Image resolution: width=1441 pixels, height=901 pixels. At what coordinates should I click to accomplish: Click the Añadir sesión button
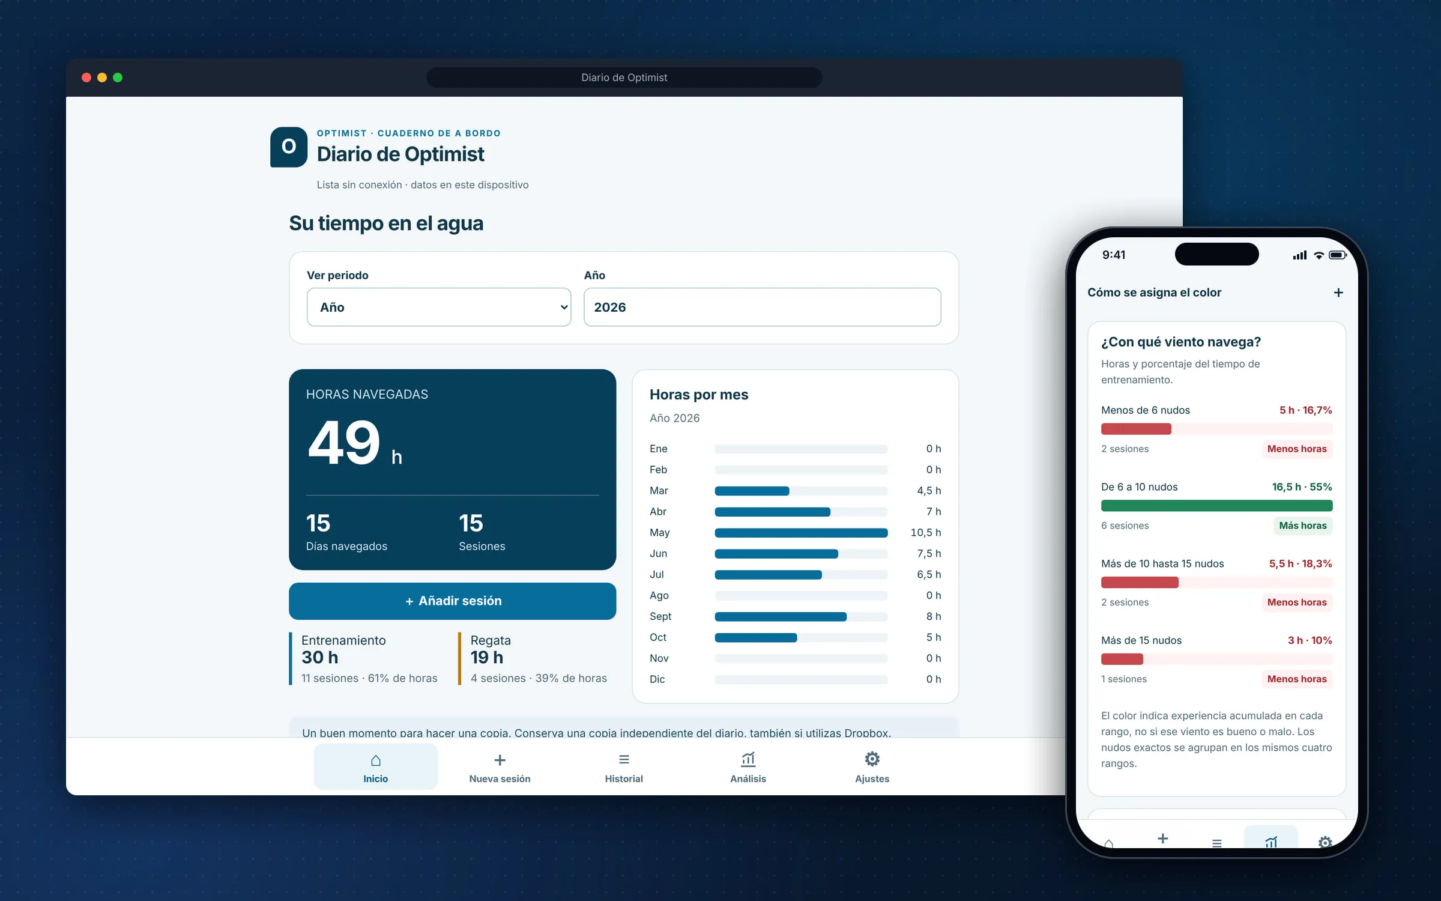(x=452, y=601)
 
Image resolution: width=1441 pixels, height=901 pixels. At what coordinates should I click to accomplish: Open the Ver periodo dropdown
(x=438, y=307)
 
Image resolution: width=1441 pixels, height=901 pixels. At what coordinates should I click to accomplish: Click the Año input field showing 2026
(x=762, y=307)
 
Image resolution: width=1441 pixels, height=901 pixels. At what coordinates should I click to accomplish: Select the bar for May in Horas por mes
(x=801, y=533)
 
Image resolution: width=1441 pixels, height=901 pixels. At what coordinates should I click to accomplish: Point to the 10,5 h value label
(x=926, y=533)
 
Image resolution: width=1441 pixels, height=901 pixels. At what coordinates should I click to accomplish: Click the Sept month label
(x=660, y=616)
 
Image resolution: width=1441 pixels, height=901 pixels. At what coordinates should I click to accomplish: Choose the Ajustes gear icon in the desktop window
(x=872, y=759)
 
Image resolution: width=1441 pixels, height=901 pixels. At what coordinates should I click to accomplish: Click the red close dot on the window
(x=86, y=77)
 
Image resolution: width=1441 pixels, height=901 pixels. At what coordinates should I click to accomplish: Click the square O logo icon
(x=289, y=147)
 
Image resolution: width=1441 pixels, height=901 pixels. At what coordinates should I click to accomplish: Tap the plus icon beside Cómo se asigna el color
(x=1338, y=293)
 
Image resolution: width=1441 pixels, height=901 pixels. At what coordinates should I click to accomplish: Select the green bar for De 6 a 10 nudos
(x=1216, y=506)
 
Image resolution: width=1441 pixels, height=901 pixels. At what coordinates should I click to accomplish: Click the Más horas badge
(x=1302, y=526)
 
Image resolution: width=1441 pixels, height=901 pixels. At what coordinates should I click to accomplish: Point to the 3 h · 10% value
(x=1310, y=640)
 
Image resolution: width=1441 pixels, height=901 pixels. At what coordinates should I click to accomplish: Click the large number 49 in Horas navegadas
(x=344, y=443)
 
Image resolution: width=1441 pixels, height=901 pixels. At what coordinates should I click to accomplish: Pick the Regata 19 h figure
(x=487, y=658)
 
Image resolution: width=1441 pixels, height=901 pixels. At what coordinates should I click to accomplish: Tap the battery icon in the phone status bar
(x=1338, y=255)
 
